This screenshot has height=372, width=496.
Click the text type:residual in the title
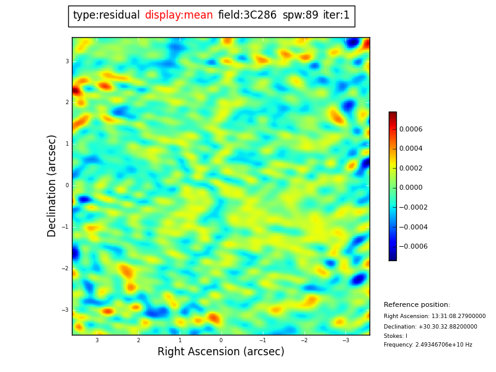[x=106, y=15]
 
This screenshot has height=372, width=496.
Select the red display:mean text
[x=179, y=15]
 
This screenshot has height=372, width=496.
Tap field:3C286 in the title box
[x=247, y=15]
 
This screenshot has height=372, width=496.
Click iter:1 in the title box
[x=336, y=15]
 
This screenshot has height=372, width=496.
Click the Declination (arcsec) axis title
[x=52, y=185]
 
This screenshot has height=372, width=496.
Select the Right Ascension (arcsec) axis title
[x=221, y=352]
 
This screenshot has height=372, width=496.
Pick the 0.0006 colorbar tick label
[x=410, y=129]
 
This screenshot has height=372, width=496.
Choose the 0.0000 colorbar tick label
[x=410, y=188]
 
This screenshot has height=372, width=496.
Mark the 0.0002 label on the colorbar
[x=410, y=168]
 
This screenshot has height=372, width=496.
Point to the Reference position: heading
[x=417, y=305]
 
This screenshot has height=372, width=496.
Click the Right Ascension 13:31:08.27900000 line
[x=435, y=316]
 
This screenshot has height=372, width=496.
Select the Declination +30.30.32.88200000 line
[x=430, y=327]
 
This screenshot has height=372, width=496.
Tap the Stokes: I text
[x=396, y=336]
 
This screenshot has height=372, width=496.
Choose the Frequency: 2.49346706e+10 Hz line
[x=428, y=345]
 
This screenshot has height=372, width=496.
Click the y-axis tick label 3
[x=67, y=61]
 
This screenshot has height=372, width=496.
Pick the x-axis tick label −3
[x=345, y=340]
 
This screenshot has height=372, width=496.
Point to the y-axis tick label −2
[x=66, y=268]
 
